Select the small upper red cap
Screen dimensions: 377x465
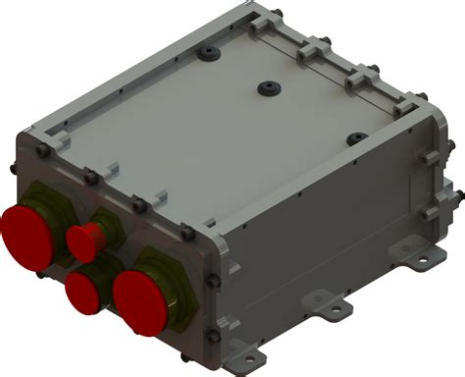click(83, 239)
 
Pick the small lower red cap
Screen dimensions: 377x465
click(83, 291)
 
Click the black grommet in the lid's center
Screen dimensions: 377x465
click(266, 88)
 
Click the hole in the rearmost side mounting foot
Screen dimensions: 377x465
click(424, 260)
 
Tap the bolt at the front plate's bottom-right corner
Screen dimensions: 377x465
click(210, 339)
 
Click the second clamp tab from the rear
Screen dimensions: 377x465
click(312, 48)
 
